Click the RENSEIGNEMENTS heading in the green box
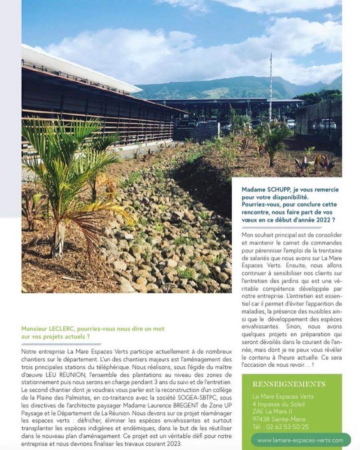(289, 384)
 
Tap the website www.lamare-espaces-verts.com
(300, 440)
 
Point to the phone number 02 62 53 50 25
(287, 427)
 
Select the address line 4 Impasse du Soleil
(278, 404)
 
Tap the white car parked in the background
(327, 124)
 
